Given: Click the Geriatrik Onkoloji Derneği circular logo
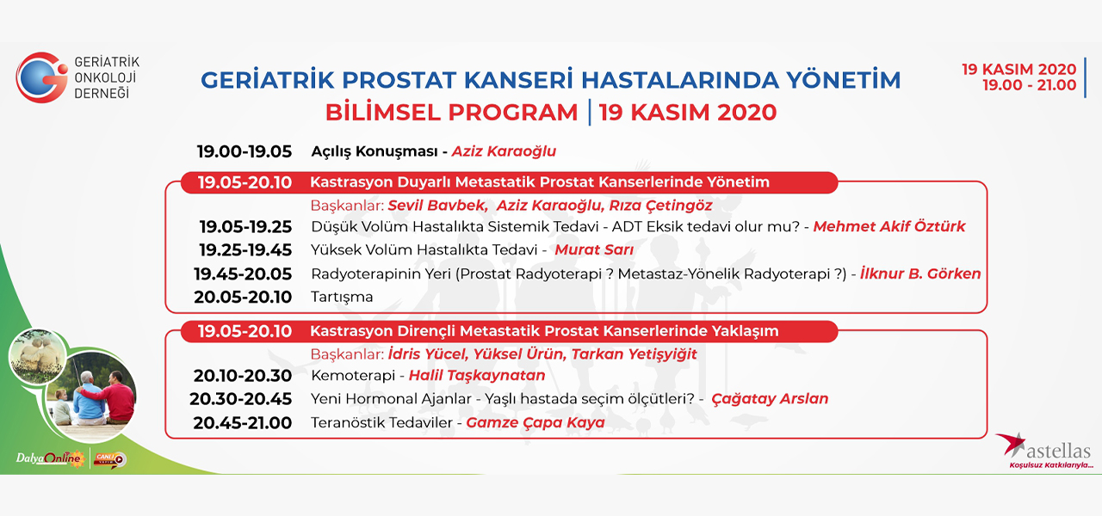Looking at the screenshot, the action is click(42, 77).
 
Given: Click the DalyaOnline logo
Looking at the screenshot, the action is click(50, 458).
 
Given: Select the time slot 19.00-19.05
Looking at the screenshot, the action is click(245, 151).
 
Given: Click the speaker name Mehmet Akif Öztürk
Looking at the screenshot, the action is click(889, 226).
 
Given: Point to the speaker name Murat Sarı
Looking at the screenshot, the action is click(594, 249).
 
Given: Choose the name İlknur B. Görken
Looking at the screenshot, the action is click(920, 273).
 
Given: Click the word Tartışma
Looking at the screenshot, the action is click(342, 298).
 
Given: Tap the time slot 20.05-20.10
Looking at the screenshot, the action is click(243, 298).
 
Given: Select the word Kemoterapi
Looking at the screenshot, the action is click(353, 376).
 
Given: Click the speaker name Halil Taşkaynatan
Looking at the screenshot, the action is click(477, 376).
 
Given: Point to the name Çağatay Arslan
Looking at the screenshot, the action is click(770, 398).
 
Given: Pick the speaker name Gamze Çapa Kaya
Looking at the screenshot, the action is click(536, 422).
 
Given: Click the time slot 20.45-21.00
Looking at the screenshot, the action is click(243, 423).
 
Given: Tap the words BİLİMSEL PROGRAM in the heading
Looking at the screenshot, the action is click(452, 113).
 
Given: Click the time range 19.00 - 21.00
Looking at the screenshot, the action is click(1029, 85).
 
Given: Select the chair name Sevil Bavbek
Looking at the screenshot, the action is click(437, 206).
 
